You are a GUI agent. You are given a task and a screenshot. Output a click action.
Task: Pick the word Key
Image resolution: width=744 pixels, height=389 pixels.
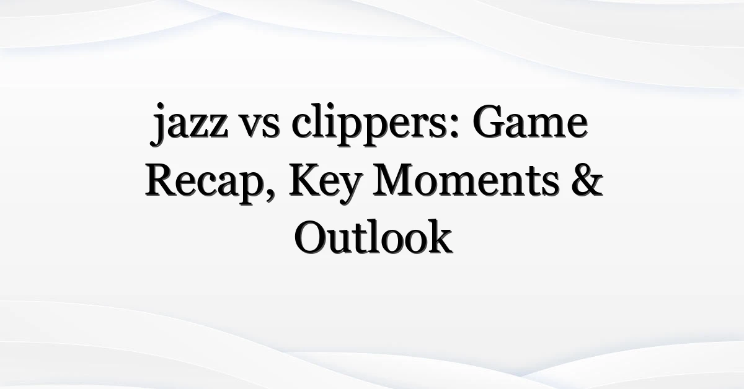(x=325, y=183)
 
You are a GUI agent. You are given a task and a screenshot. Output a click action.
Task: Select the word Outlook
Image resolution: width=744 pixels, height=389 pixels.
(x=373, y=237)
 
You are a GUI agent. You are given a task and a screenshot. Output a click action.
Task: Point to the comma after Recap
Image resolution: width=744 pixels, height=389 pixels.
(x=271, y=196)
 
